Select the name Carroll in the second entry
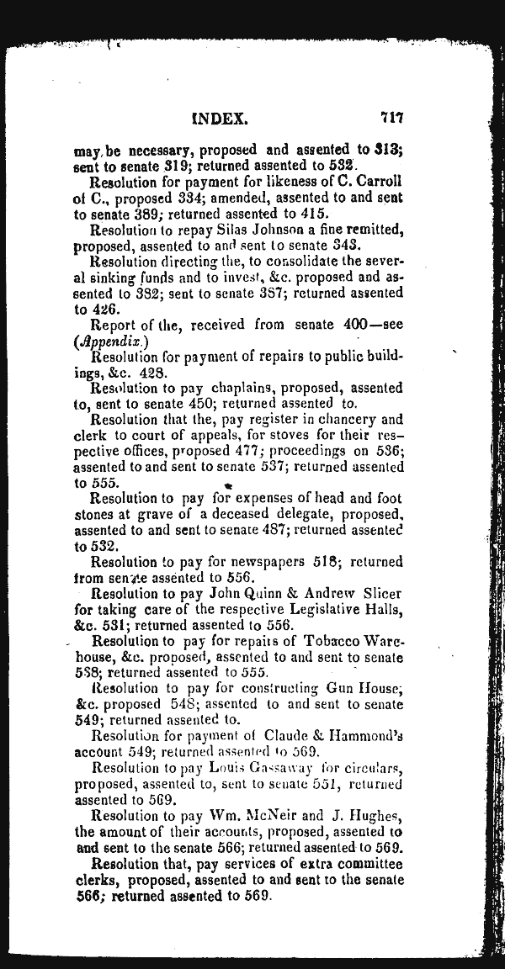click(379, 182)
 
